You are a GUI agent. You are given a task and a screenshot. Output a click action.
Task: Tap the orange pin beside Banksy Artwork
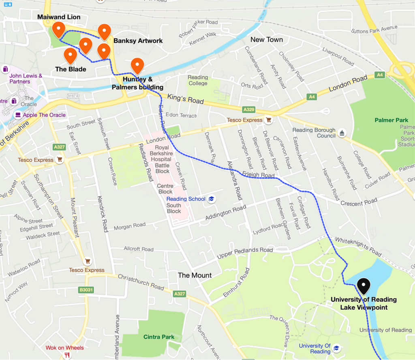[105, 32]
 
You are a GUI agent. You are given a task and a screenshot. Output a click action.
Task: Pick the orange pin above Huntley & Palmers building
[138, 66]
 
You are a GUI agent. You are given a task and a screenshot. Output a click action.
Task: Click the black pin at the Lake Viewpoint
[364, 286]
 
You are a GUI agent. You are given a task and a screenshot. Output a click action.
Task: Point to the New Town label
[266, 39]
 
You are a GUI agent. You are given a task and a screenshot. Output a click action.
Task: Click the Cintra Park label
[159, 337]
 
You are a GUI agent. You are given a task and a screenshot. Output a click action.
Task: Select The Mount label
[195, 275]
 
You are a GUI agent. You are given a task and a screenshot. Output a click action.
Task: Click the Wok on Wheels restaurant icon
[67, 355]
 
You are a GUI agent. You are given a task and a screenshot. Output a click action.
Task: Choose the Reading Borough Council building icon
[342, 133]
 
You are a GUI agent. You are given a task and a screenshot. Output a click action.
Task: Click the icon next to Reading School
[211, 199]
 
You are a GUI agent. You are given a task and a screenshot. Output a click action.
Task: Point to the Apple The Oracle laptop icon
[17, 115]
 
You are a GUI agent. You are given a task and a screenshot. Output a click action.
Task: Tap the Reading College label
[198, 80]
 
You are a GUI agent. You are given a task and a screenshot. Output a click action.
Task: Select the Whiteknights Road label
[358, 247]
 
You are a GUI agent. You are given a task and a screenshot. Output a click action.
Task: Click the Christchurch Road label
[141, 282]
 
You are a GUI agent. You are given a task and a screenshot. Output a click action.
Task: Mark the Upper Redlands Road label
[245, 253]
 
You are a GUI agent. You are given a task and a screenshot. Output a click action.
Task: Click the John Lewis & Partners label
[26, 79]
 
